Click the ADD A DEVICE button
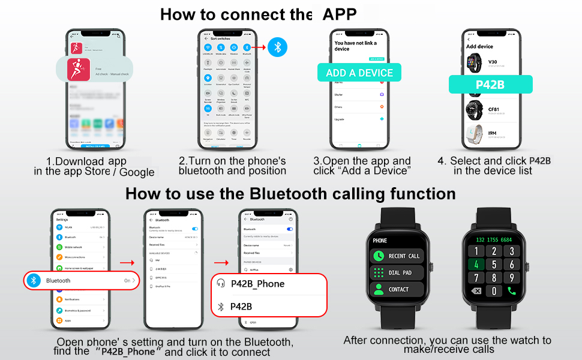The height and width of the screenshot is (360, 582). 359,73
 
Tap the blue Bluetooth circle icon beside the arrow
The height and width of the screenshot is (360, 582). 277,47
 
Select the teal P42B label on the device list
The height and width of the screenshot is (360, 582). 490,85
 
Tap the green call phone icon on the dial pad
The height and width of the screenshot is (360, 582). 512,291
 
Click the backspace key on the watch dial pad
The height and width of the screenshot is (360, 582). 476,291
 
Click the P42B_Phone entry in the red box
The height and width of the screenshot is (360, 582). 257,284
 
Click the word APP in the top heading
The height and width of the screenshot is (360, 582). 340,14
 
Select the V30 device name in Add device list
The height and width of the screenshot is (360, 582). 493,61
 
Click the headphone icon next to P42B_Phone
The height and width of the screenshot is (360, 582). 221,284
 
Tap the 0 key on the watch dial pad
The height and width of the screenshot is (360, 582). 494,291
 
